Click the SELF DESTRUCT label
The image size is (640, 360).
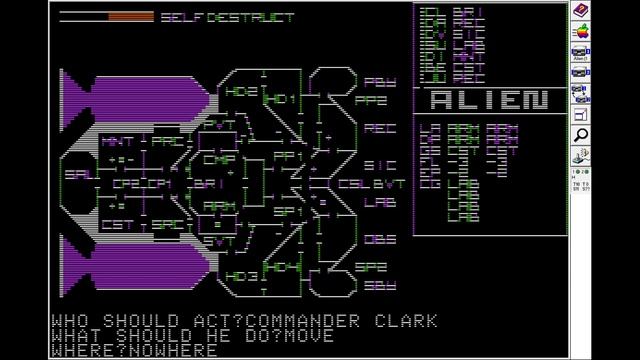click(228, 17)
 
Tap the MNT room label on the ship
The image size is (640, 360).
click(118, 142)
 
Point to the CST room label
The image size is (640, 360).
click(118, 225)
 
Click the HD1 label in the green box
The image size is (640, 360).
click(279, 99)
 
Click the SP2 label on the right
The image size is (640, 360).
click(372, 268)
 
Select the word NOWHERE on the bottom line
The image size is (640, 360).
click(179, 350)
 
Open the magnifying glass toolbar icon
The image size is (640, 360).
click(579, 134)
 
